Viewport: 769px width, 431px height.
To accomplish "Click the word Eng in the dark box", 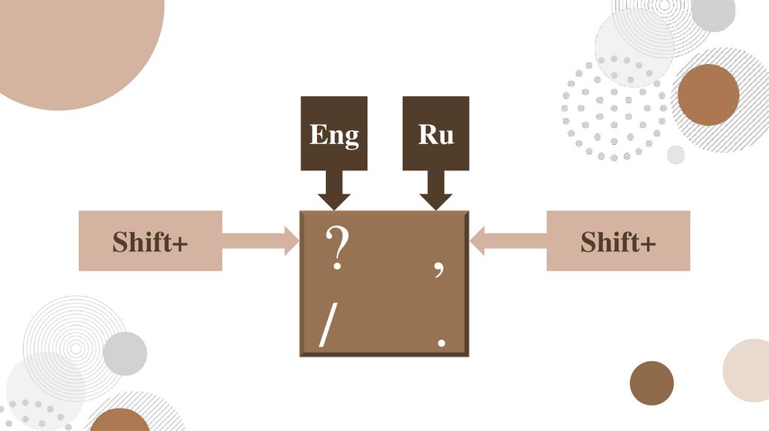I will (334, 136).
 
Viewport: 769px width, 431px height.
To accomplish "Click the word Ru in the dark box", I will (436, 135).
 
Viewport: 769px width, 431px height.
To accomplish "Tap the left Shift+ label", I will (150, 242).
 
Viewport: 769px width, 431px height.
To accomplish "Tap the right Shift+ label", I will (618, 242).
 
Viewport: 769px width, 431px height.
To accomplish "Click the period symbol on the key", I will (442, 342).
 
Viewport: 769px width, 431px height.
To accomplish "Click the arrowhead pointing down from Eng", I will (334, 200).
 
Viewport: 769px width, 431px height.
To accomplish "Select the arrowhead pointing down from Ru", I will (436, 200).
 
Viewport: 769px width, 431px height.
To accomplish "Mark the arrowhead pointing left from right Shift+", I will (478, 241).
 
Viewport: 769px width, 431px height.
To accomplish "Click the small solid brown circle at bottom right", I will (651, 383).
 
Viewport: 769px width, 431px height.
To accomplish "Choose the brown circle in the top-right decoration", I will (707, 95).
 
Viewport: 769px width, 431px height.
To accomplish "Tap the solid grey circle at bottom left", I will (125, 354).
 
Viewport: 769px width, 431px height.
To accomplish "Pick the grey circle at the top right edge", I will (713, 13).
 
